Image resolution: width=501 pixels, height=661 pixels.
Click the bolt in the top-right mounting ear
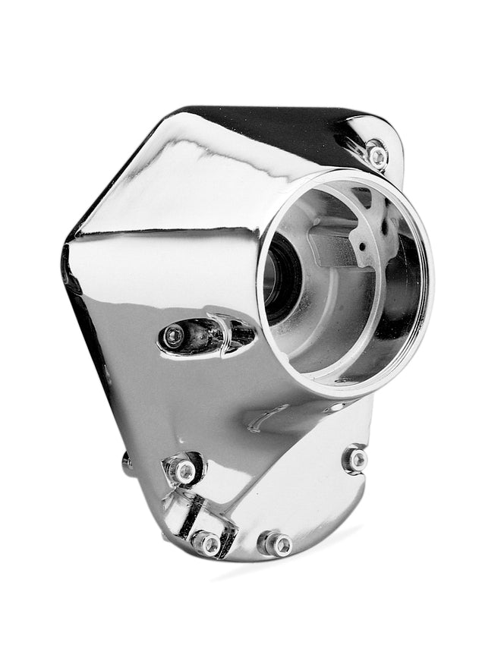pos(377,156)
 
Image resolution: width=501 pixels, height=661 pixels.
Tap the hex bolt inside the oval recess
pos(175,335)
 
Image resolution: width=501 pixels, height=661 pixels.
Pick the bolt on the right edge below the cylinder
pos(355,459)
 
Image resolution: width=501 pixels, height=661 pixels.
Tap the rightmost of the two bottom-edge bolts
pos(279,543)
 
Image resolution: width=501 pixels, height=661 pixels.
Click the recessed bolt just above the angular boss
pos(184,471)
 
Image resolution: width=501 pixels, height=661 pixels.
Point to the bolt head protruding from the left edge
pos(126,462)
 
